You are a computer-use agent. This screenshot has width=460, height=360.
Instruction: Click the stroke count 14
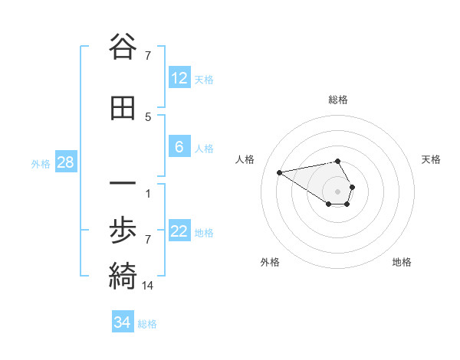pyautogui.click(x=149, y=286)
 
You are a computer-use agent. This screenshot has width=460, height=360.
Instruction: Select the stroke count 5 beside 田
pyautogui.click(x=149, y=116)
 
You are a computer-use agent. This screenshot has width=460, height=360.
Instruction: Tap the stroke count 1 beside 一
pyautogui.click(x=149, y=193)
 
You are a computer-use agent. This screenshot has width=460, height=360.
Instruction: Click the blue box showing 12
pyautogui.click(x=179, y=78)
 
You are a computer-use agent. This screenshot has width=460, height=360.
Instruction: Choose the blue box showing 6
pyautogui.click(x=179, y=147)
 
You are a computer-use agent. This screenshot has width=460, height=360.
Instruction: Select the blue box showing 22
pyautogui.click(x=179, y=231)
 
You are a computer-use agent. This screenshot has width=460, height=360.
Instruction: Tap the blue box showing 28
pyautogui.click(x=65, y=162)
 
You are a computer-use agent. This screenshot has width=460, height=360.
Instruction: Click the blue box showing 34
pyautogui.click(x=123, y=322)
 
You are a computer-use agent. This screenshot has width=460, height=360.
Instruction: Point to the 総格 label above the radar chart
pyautogui.click(x=338, y=100)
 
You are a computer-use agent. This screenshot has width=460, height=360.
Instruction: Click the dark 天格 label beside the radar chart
pyautogui.click(x=431, y=159)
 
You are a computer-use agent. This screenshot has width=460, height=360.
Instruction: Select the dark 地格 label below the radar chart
pyautogui.click(x=402, y=262)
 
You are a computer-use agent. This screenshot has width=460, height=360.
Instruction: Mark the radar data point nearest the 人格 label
pyautogui.click(x=279, y=172)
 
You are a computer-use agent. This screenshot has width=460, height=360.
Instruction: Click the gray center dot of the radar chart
pyautogui.click(x=338, y=191)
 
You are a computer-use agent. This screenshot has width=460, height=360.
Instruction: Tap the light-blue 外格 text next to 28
pyautogui.click(x=41, y=163)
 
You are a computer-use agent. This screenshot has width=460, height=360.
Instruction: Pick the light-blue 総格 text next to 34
pyautogui.click(x=147, y=323)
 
